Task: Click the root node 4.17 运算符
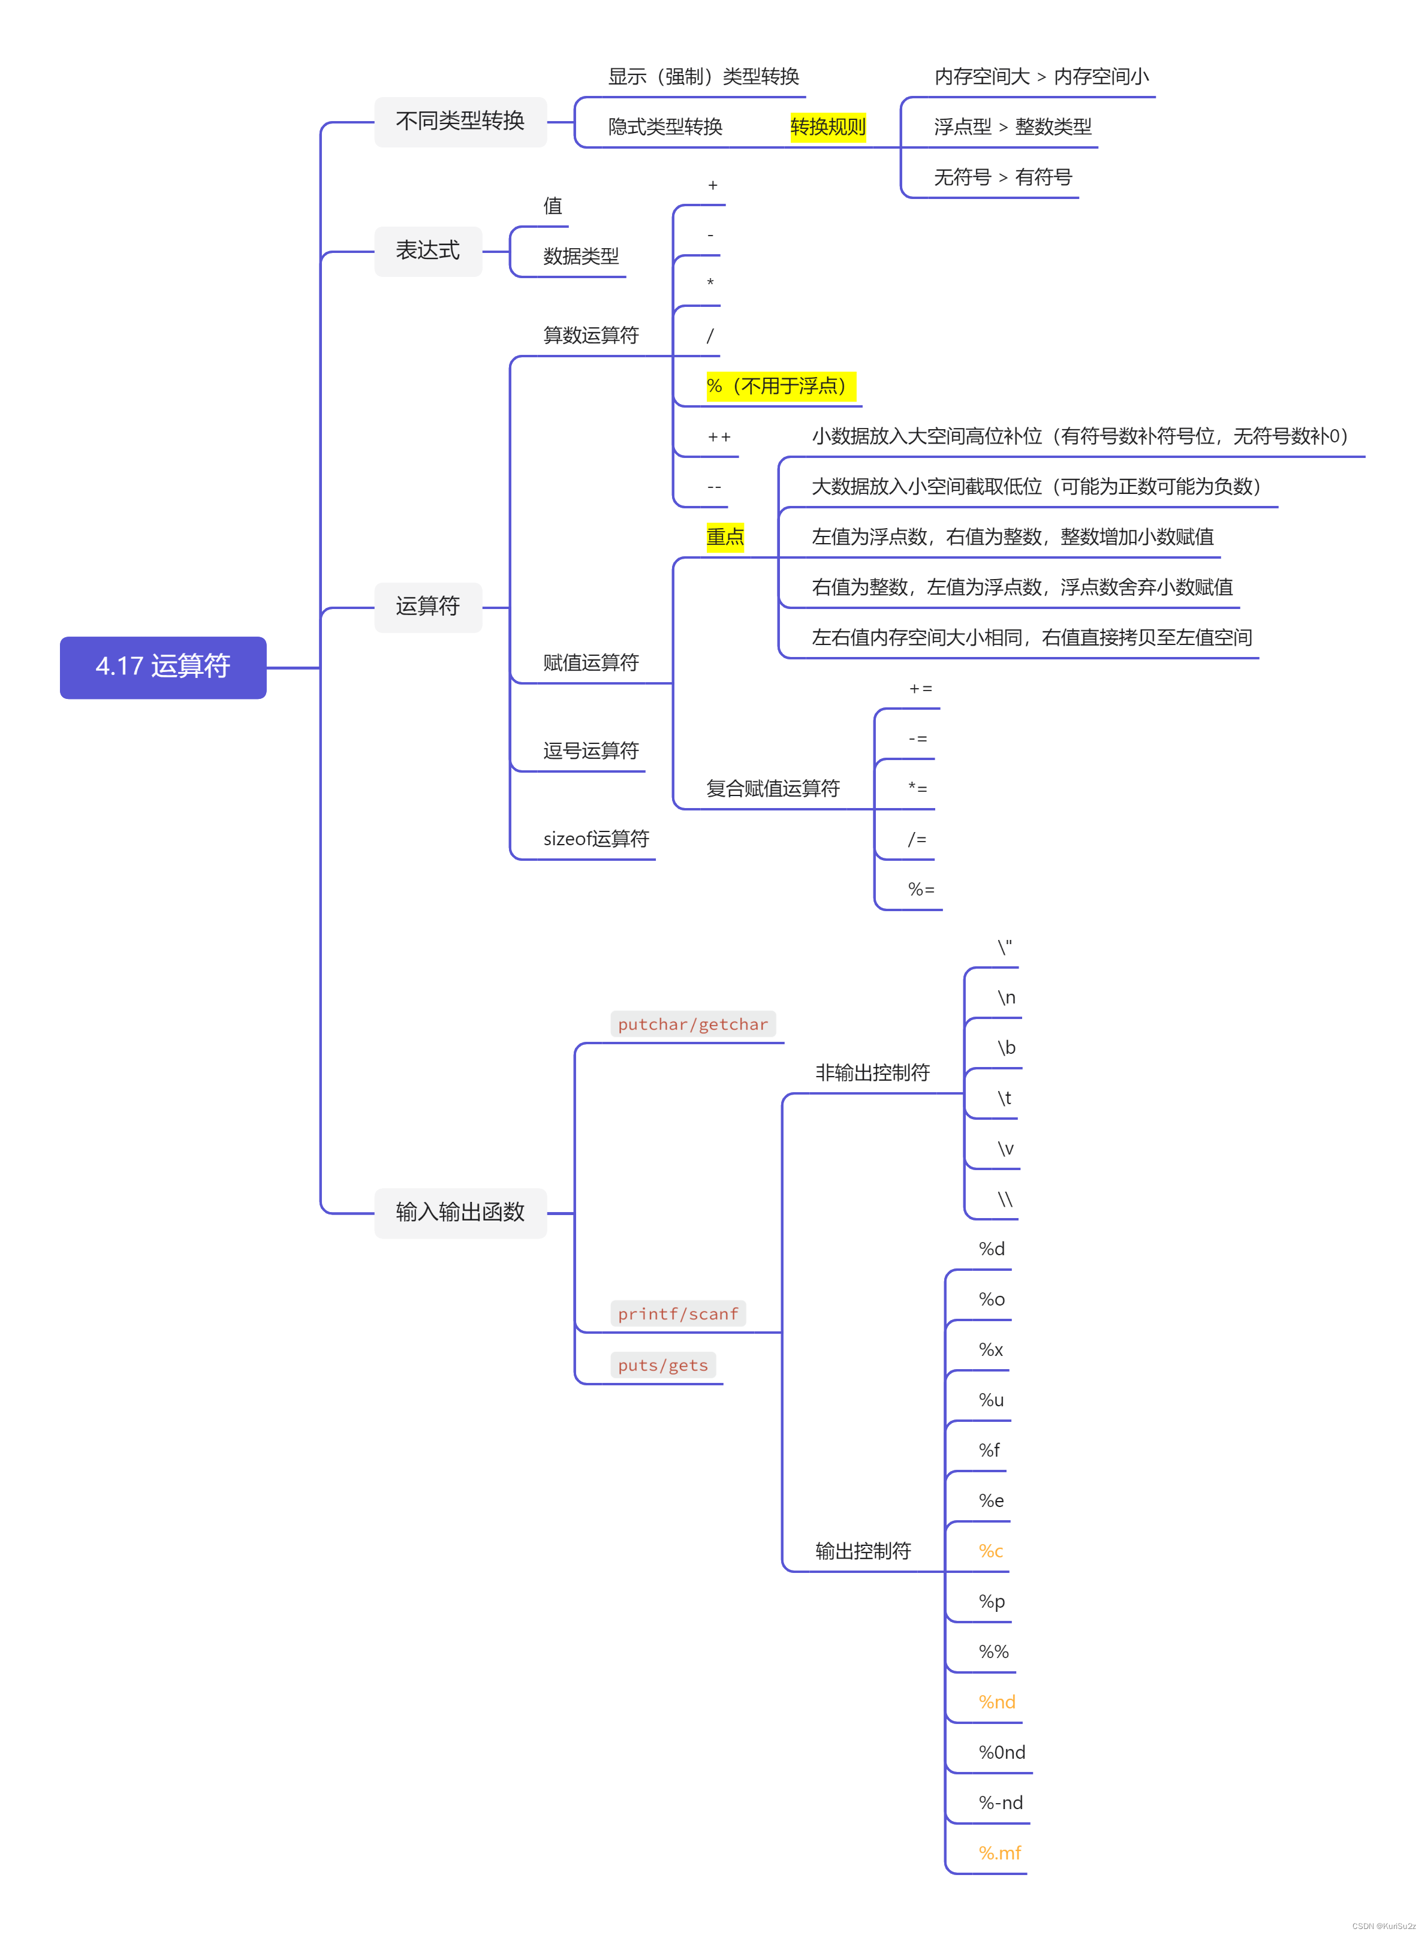[x=163, y=667]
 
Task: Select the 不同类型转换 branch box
[x=460, y=122]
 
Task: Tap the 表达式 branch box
[x=428, y=251]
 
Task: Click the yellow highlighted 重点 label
[x=725, y=537]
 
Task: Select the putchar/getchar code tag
[x=692, y=1024]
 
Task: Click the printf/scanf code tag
[x=678, y=1313]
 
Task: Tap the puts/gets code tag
[x=662, y=1364]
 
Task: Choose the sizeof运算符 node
[x=596, y=838]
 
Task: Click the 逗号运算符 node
[x=591, y=750]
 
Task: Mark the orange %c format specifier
[x=990, y=1550]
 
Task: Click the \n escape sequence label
[x=1006, y=997]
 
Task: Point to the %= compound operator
[x=920, y=889]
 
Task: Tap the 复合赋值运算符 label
[x=772, y=788]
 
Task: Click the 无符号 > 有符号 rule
[x=1002, y=177]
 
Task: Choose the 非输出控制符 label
[x=872, y=1072]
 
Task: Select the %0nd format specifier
[x=1002, y=1752]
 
